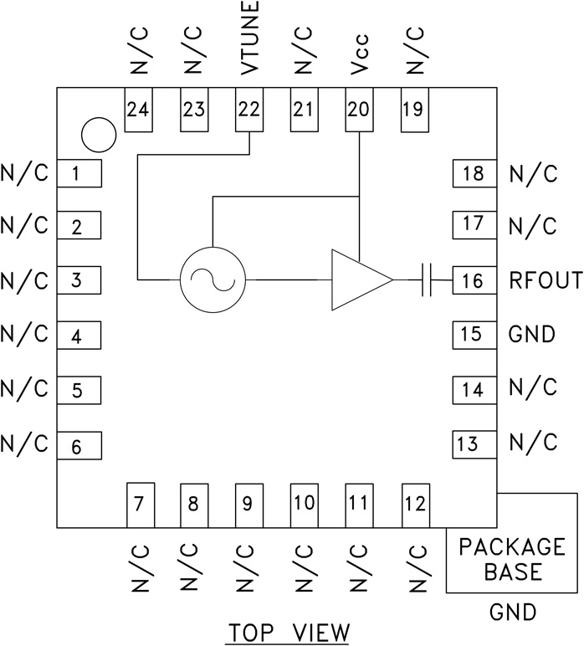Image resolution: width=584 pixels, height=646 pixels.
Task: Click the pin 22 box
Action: pos(248,109)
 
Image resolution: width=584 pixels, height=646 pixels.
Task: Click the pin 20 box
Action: pos(358,109)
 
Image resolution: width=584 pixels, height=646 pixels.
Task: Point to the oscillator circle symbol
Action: pos(213,279)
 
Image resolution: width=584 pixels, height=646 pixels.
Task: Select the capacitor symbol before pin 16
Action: pos(427,279)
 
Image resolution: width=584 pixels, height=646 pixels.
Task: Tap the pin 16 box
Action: pos(474,280)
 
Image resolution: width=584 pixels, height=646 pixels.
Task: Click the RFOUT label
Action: pos(545,280)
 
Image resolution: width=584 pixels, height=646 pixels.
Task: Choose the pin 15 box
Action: pos(474,335)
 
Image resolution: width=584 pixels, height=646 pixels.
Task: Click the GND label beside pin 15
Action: pos(532,335)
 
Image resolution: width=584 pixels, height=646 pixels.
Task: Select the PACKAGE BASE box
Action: pos(512,560)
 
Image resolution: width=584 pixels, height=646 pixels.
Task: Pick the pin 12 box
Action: pos(414,505)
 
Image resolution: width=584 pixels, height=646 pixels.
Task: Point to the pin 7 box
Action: pos(139,505)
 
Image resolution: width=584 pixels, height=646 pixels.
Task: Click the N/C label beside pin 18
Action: pos(532,174)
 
